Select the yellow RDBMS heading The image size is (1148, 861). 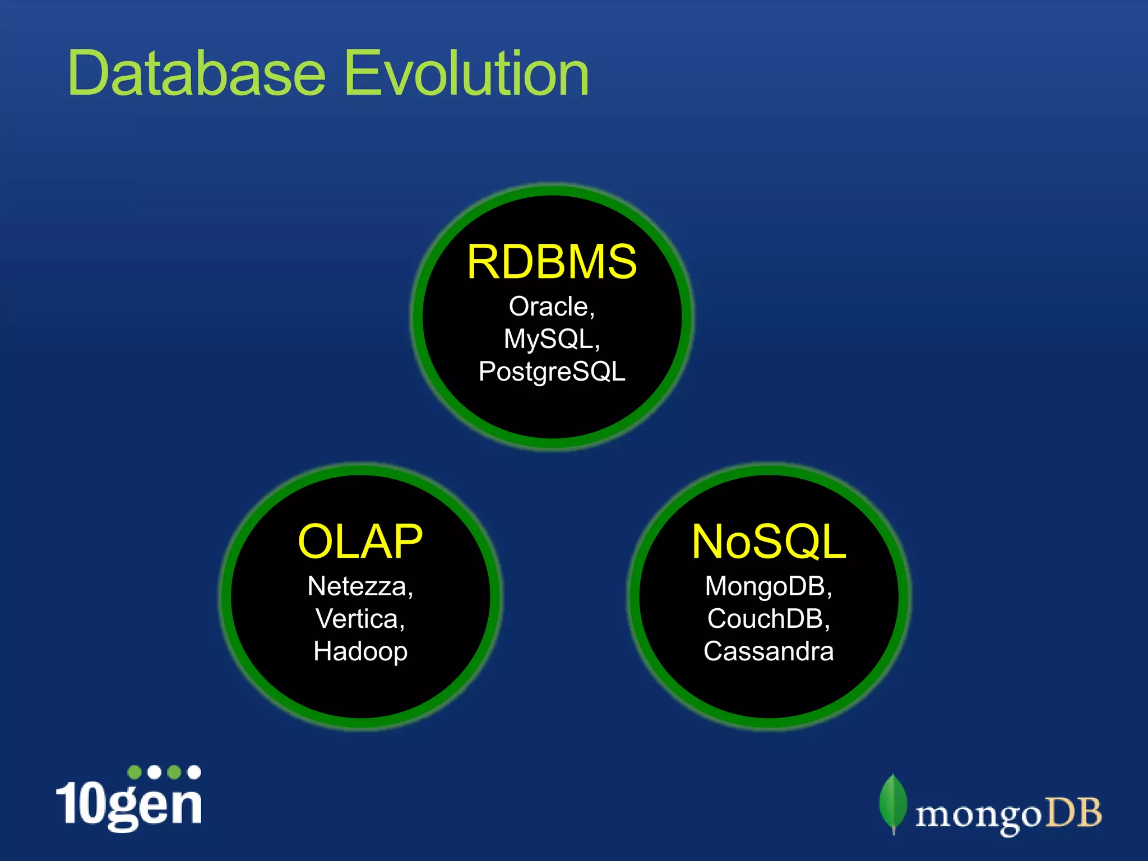[x=552, y=262]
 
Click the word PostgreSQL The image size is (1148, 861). [x=552, y=372]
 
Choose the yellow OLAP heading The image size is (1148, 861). [x=360, y=541]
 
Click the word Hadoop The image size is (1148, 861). [x=360, y=651]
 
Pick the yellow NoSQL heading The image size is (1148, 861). [x=769, y=541]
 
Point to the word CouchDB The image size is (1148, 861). [x=765, y=619]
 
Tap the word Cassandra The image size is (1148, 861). [x=769, y=651]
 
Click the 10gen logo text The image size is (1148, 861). [x=129, y=804]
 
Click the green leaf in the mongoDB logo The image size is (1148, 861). [x=893, y=802]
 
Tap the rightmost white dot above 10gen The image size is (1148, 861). [x=194, y=772]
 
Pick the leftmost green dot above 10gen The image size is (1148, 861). [x=135, y=772]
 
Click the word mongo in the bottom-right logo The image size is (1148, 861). [x=978, y=816]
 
